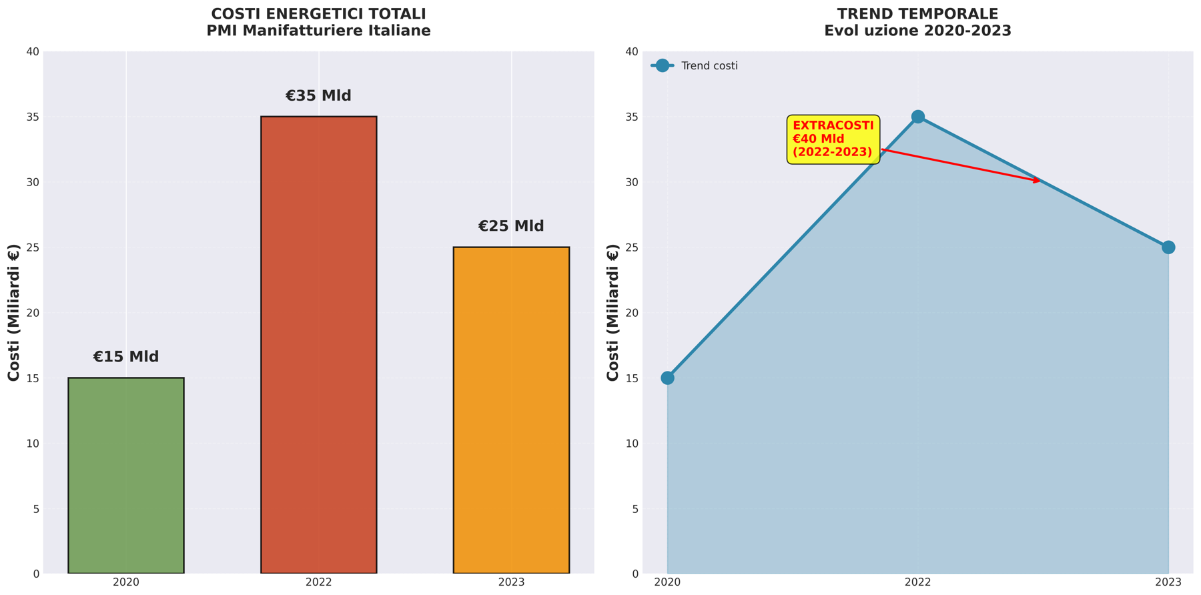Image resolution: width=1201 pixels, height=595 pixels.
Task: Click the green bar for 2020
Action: click(x=125, y=475)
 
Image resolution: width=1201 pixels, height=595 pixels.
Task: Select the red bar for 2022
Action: click(x=318, y=344)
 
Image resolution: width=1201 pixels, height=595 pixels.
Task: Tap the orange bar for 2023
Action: click(x=511, y=410)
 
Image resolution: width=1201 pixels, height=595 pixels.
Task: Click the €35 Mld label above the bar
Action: click(x=318, y=96)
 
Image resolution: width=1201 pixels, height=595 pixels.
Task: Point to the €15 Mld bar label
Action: click(x=125, y=357)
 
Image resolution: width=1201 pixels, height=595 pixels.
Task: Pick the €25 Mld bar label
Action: click(x=511, y=226)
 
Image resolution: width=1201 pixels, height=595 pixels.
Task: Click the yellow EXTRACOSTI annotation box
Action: click(x=833, y=139)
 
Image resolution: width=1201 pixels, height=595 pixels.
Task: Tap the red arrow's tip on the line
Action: click(x=1040, y=181)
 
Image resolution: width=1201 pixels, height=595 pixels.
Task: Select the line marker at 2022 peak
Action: click(x=917, y=117)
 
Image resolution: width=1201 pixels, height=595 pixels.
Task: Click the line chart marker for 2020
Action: click(x=667, y=378)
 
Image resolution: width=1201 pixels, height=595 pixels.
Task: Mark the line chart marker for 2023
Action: click(x=1168, y=247)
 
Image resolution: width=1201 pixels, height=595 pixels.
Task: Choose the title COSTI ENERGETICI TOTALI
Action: click(x=318, y=14)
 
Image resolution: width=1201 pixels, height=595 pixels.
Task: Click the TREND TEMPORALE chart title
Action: click(x=917, y=14)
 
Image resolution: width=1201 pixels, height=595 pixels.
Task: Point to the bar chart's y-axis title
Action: click(x=14, y=312)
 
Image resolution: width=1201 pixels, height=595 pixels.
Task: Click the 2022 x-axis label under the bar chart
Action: click(x=318, y=582)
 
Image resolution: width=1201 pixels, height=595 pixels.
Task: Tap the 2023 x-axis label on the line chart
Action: click(x=1168, y=582)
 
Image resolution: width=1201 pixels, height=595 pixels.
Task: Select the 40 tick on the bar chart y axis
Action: click(x=32, y=52)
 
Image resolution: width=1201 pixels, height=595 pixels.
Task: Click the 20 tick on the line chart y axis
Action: click(x=631, y=313)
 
